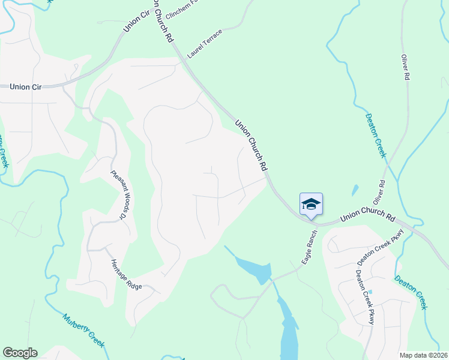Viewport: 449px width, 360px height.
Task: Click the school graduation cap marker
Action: pos(311,204)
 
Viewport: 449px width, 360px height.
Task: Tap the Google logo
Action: pos(20,353)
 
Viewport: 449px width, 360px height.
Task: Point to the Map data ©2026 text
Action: pos(423,355)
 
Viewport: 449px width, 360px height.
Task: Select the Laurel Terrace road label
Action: pos(204,43)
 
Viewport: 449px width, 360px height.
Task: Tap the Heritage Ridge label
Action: pos(126,275)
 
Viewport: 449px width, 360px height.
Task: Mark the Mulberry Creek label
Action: pos(84,329)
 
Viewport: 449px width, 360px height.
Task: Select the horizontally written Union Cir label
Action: pos(25,87)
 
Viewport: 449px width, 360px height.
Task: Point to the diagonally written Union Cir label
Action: pos(137,20)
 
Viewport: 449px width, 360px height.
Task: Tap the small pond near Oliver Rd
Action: pos(355,191)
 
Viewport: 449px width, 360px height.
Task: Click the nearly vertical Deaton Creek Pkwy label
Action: pos(364,297)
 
